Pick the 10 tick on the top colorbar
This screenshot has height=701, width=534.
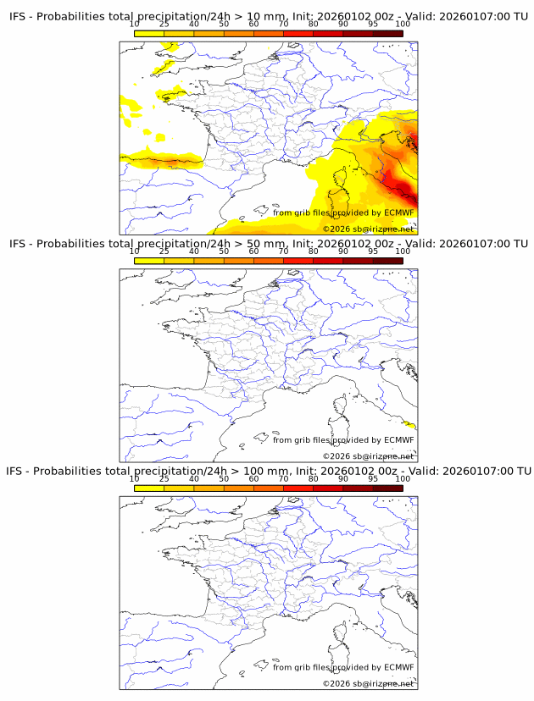tap(135, 25)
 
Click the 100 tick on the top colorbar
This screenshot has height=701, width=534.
tap(403, 25)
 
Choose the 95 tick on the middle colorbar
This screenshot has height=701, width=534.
tap(373, 251)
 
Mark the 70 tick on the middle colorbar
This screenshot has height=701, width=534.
tap(284, 251)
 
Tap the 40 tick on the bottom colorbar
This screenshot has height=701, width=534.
tap(194, 478)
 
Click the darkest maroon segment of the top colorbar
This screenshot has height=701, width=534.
tap(387, 34)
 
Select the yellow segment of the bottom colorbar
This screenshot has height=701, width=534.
tap(149, 488)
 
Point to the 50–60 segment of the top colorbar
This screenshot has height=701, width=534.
tap(238, 34)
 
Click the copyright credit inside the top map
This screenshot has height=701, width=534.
tap(368, 229)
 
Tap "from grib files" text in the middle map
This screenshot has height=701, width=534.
tap(301, 439)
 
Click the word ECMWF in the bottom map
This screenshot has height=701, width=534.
tap(398, 667)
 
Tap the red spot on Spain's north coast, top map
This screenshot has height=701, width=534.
tap(175, 161)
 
